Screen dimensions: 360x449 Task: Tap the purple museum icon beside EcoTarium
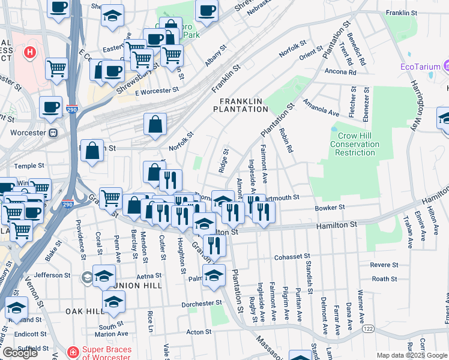(x=447, y=65)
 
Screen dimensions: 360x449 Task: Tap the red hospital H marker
(x=28, y=52)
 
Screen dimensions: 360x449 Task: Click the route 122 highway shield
(x=367, y=330)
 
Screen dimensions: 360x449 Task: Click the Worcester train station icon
(x=53, y=132)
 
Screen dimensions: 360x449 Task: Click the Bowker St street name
(x=330, y=208)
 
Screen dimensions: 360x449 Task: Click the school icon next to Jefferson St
(x=104, y=275)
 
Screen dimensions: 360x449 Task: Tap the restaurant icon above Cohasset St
(x=213, y=245)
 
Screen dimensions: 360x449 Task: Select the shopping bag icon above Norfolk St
(x=155, y=125)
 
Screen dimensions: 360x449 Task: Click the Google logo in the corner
(x=20, y=353)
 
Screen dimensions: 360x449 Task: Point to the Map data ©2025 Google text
(x=412, y=355)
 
